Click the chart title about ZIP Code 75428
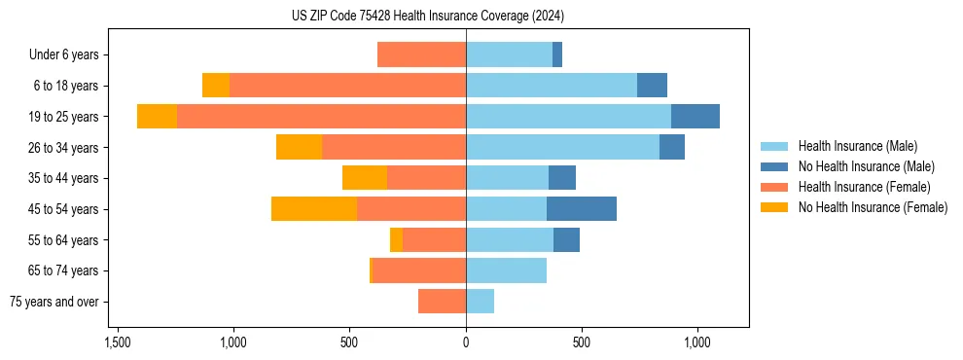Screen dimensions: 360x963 [x=427, y=17]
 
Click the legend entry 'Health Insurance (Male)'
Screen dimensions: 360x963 [x=856, y=146]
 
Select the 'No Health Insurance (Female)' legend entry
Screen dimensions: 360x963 [x=872, y=207]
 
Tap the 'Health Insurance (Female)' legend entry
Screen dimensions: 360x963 [x=863, y=187]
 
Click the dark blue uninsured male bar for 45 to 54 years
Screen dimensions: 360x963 [x=582, y=209]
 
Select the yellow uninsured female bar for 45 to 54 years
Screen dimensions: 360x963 [x=314, y=209]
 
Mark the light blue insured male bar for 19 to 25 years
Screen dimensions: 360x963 [x=568, y=117]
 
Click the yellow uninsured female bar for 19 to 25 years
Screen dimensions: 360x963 [x=157, y=117]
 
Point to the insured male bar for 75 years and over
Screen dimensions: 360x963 [x=480, y=302]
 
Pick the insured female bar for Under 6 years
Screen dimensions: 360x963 [x=421, y=54]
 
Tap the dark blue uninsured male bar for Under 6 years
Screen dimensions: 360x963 [x=557, y=54]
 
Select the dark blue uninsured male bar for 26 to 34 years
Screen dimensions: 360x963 [x=672, y=147]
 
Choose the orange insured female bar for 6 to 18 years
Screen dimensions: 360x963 [x=347, y=86]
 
